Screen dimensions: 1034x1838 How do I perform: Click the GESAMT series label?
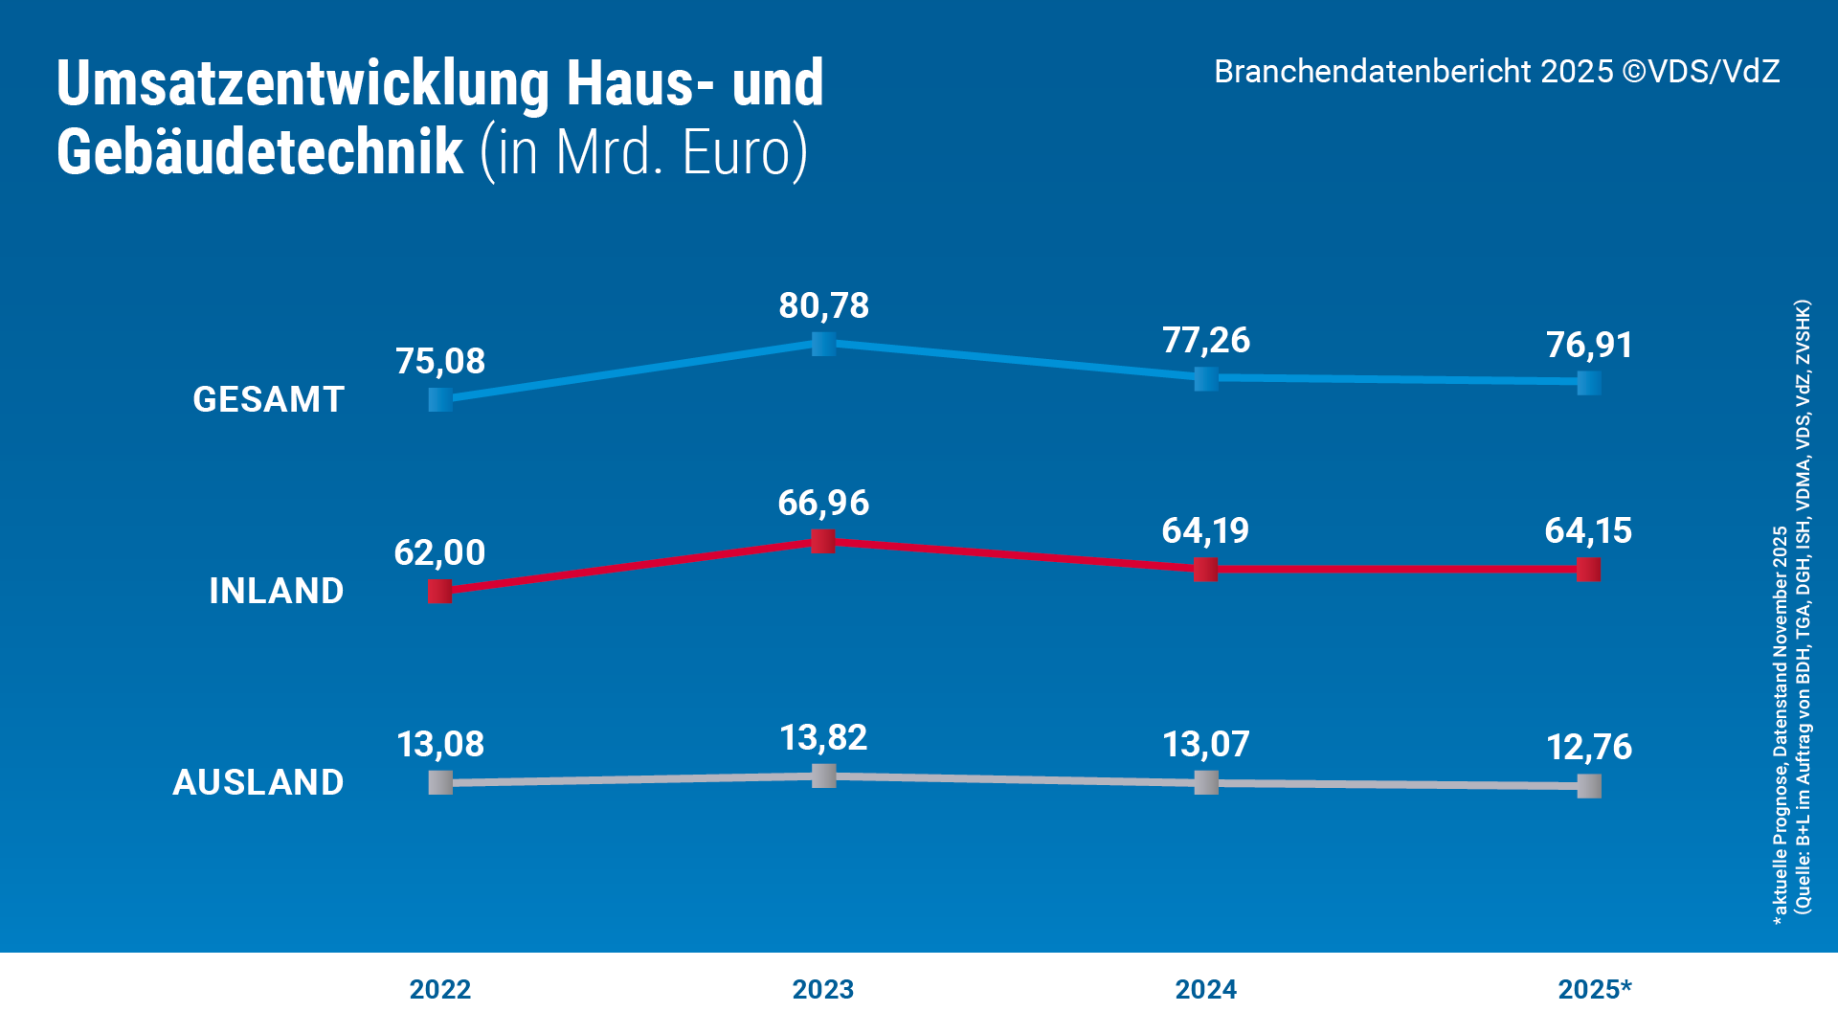[268, 399]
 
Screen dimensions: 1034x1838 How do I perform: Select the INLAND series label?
[276, 591]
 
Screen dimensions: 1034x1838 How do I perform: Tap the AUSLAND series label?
[258, 782]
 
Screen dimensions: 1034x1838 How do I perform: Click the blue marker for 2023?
[823, 344]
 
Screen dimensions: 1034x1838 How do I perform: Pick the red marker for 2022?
[440, 592]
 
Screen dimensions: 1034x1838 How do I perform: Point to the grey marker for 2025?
[1589, 786]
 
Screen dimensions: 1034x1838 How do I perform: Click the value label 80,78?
[823, 306]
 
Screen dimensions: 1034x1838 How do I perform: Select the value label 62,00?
[439, 552]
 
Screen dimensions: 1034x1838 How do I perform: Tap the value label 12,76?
[1589, 748]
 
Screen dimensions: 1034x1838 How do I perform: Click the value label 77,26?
[1206, 341]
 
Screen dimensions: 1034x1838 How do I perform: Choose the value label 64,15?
[1588, 531]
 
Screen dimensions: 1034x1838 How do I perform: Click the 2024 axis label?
[1205, 989]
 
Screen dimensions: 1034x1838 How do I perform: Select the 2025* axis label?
[1594, 989]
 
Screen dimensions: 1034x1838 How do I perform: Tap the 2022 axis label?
[439, 989]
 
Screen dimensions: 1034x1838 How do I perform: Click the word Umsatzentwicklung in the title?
[303, 84]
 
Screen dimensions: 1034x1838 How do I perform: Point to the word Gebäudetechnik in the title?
[259, 153]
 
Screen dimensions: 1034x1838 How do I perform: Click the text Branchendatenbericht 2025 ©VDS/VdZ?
[1496, 72]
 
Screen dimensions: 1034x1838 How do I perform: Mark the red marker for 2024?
[1206, 570]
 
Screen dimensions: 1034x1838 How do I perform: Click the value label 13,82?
[823, 738]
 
